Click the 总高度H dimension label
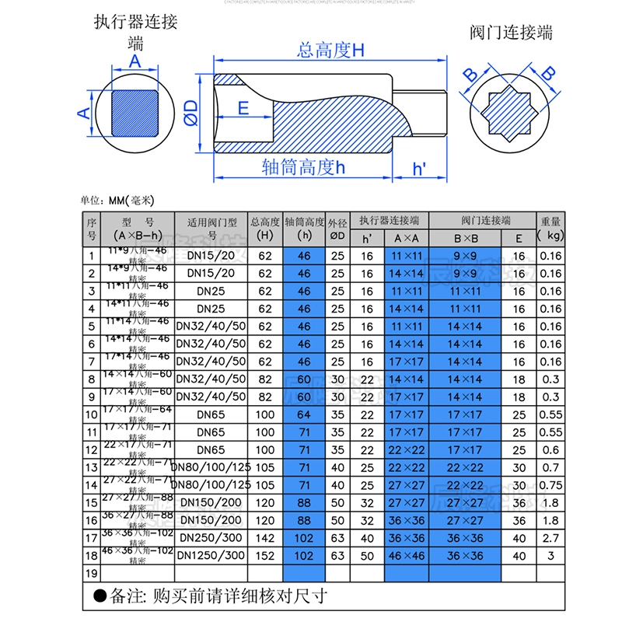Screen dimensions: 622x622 (x=330, y=51)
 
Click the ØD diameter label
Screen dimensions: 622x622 (x=190, y=114)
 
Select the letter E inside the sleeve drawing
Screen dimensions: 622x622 (x=243, y=108)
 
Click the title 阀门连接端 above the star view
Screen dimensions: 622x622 (x=512, y=33)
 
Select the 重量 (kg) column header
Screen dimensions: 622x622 (x=550, y=227)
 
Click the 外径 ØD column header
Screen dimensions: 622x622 (x=337, y=227)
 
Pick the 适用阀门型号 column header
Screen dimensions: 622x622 (x=211, y=227)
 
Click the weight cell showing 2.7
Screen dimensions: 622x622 (x=550, y=538)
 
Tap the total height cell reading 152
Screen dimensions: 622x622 (x=265, y=556)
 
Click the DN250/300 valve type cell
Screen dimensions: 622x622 (x=211, y=538)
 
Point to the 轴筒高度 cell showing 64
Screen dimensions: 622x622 (x=304, y=415)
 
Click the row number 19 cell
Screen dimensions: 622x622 (x=91, y=574)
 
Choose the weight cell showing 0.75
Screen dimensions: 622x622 (x=550, y=485)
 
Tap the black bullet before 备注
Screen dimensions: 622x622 (x=99, y=597)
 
